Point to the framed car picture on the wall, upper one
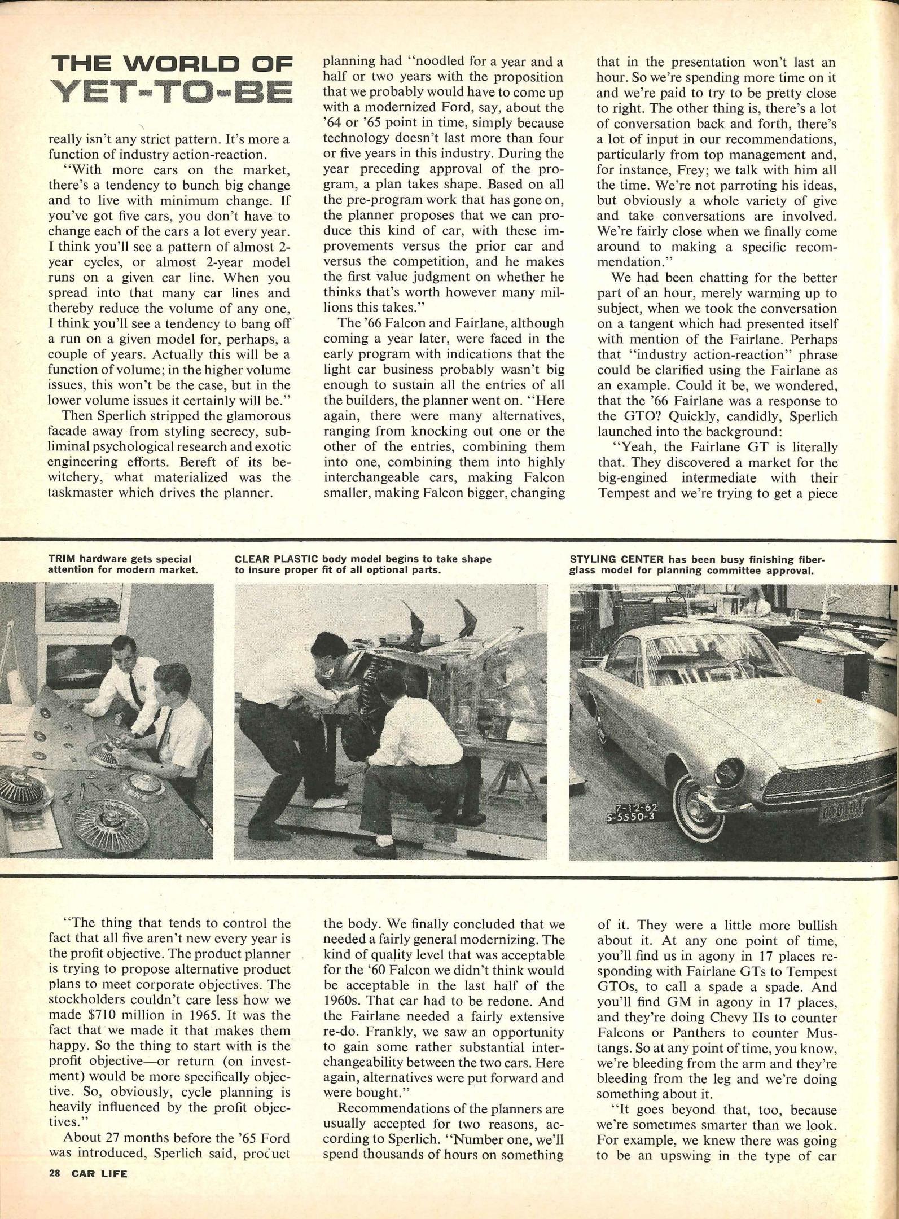tap(88, 608)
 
